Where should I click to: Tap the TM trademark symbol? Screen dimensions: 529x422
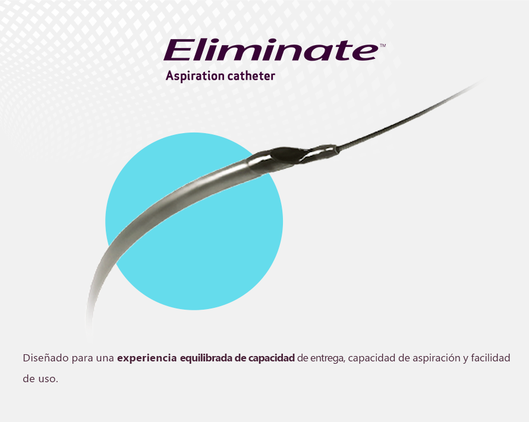[x=383, y=45]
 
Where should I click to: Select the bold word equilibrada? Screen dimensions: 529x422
[x=206, y=358]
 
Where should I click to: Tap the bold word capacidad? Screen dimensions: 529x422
[x=272, y=358]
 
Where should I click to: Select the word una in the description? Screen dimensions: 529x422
[x=105, y=358]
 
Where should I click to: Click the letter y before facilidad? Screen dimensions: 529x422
[x=465, y=360]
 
